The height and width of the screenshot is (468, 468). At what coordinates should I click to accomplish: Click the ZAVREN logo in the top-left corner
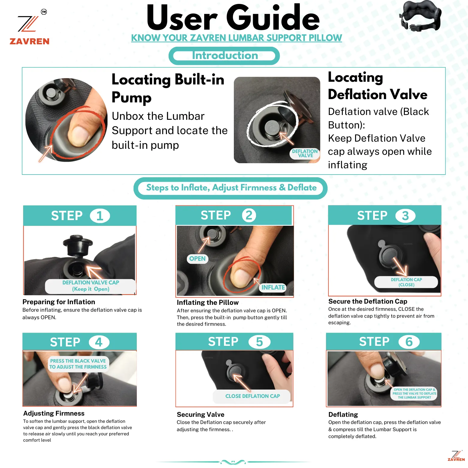coord(29,27)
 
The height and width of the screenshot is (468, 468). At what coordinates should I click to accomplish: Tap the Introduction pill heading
coord(224,56)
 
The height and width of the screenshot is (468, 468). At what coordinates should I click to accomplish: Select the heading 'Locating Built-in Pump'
coord(168,88)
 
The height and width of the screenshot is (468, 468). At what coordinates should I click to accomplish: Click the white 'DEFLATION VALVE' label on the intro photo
coord(305,153)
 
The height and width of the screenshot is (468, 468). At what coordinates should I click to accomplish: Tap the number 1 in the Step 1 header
coord(100,216)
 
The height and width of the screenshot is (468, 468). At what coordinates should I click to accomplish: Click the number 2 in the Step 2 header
coord(249,215)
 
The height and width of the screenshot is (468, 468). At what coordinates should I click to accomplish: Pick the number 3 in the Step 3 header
coord(405,216)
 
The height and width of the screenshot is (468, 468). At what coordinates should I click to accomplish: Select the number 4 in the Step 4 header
coord(99,342)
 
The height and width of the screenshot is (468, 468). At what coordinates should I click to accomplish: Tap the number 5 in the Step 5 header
coord(259,342)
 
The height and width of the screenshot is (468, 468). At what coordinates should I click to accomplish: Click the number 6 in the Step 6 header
coord(409,342)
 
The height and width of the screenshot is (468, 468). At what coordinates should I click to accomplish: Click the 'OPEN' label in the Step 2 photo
coord(197,259)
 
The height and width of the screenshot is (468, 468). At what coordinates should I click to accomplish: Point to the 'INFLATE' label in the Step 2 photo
coord(273,287)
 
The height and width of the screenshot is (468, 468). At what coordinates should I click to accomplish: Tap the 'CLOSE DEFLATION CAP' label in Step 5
coord(252,396)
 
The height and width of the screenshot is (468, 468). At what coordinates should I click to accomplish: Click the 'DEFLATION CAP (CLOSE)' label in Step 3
coord(406,282)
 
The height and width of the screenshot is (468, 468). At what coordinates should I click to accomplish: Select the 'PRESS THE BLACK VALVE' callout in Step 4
coord(78,364)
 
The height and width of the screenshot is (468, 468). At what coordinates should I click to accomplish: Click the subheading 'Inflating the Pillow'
coord(208,302)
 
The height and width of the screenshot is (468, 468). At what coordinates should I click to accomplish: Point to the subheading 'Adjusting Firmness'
coord(54,413)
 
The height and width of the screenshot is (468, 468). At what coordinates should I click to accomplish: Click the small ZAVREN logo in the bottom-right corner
coord(456,456)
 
